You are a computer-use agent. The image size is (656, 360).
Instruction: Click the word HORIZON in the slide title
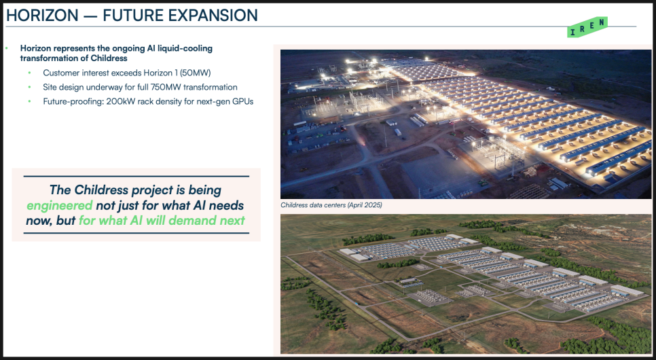click(42, 16)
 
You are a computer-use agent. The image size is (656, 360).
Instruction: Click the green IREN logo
click(587, 26)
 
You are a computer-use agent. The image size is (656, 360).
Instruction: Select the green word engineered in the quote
click(59, 206)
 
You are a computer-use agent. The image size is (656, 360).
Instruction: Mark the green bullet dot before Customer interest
click(30, 73)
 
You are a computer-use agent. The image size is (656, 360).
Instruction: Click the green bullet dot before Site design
click(30, 87)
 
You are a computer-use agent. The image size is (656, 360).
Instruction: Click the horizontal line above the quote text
click(136, 176)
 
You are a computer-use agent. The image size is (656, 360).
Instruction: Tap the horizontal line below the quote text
click(136, 233)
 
